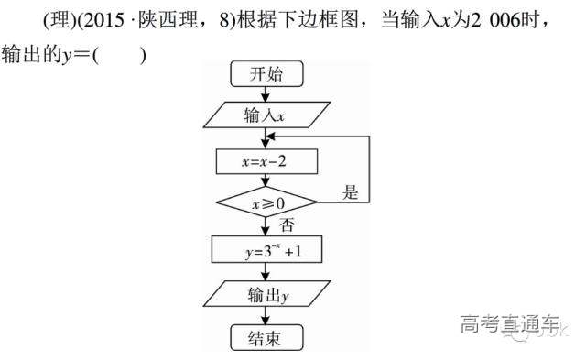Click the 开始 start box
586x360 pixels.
(266, 75)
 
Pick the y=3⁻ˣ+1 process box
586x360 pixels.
(266, 248)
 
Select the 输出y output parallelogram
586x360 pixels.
(266, 295)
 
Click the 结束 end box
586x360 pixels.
(266, 338)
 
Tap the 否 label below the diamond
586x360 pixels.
(287, 224)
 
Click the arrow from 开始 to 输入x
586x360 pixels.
(266, 93)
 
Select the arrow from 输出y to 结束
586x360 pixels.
(266, 317)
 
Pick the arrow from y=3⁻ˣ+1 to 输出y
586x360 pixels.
(266, 271)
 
